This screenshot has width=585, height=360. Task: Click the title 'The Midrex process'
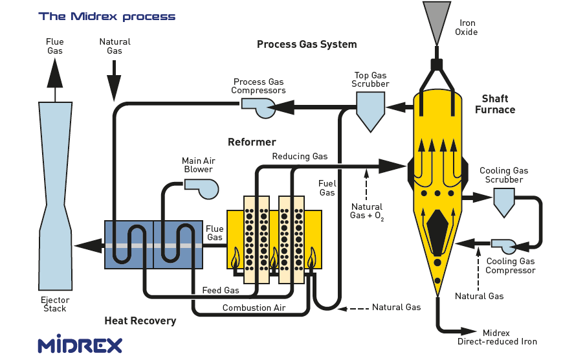click(107, 16)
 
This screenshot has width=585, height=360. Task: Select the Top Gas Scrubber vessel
click(371, 108)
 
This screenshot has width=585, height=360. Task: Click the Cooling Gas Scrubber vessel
click(503, 201)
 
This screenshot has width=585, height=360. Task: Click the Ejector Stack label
click(55, 304)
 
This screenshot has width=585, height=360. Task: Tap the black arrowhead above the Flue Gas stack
click(55, 73)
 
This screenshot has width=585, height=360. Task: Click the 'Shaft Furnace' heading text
click(495, 104)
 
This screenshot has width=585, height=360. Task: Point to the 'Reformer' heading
click(252, 142)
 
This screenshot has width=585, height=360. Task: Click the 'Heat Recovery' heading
click(140, 321)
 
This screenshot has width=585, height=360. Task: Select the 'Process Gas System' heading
click(307, 45)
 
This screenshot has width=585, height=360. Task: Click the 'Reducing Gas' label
click(300, 156)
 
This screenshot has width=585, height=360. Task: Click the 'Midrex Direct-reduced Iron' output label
click(497, 337)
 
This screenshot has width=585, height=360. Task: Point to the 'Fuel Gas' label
click(327, 188)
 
